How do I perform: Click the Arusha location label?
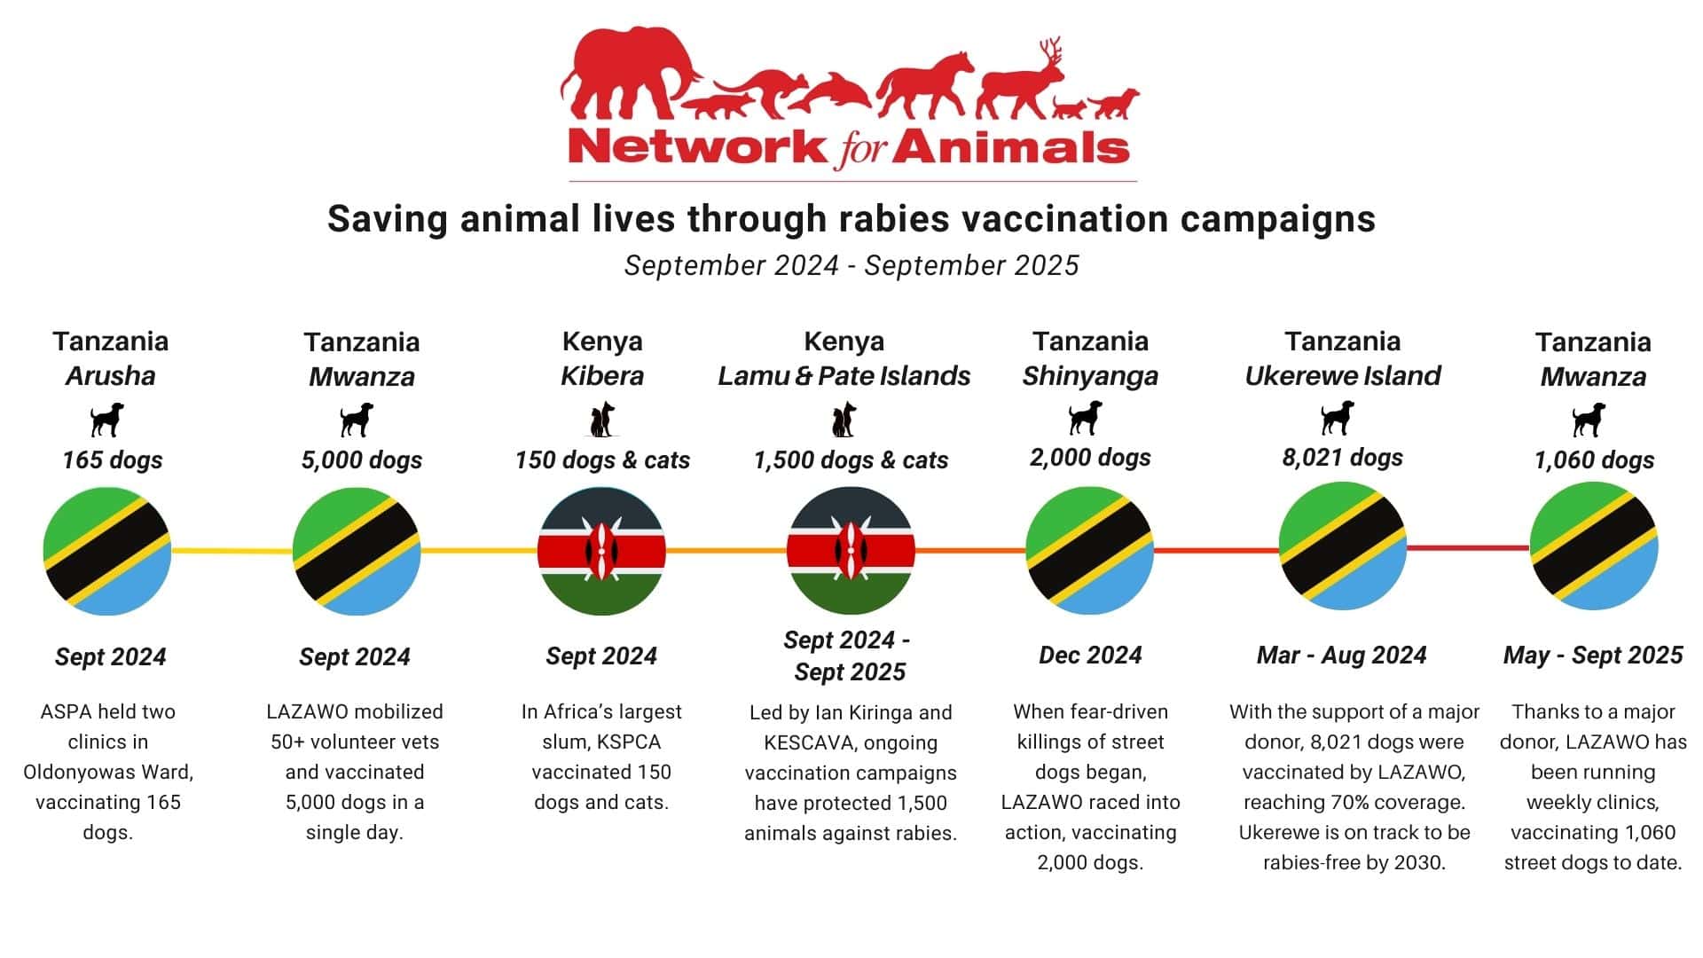click(x=111, y=376)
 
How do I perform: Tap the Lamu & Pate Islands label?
click(x=844, y=376)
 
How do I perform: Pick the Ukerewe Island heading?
click(x=1343, y=376)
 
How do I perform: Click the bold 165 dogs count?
click(x=113, y=460)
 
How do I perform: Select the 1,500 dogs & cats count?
click(x=851, y=460)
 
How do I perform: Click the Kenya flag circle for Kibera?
click(x=601, y=551)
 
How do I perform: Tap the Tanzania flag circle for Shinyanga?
click(x=1090, y=551)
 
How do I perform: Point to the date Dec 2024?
click(x=1090, y=656)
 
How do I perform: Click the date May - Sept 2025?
click(x=1593, y=656)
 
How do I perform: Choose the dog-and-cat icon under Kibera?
click(x=602, y=420)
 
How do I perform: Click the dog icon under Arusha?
click(x=107, y=420)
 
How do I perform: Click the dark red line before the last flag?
click(x=1468, y=548)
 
